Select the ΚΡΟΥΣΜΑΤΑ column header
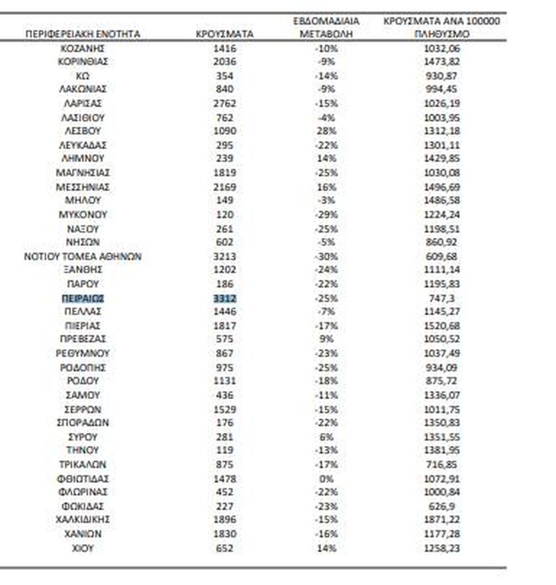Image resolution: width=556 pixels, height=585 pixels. [226, 33]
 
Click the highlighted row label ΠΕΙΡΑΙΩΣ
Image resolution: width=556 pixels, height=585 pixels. [83, 298]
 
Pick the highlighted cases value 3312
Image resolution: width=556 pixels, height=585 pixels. [226, 298]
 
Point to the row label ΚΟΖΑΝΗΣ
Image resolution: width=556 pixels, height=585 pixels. [83, 48]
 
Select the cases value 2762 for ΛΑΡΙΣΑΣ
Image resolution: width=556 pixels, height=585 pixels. [226, 103]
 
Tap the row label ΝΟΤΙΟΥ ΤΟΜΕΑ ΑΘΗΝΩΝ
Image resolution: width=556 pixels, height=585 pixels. [83, 256]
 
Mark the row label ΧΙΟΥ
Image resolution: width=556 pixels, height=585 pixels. [83, 547]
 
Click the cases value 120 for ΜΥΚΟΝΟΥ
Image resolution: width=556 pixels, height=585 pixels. [226, 214]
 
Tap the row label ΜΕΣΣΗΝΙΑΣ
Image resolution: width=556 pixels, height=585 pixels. [83, 187]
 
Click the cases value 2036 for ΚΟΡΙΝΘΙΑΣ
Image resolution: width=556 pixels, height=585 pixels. [226, 62]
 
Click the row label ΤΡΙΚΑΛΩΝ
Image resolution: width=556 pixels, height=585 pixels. [83, 465]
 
